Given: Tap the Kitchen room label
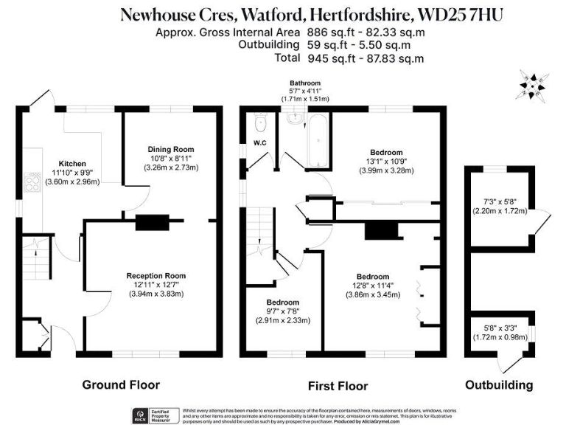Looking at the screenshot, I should [72, 164].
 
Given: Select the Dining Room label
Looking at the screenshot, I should [170, 148].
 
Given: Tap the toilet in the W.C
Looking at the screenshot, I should [259, 120].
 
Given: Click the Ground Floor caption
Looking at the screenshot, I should [121, 384].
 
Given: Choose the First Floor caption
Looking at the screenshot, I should [338, 386].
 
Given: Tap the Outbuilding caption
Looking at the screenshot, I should [499, 384].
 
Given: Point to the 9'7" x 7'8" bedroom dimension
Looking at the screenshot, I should [283, 311].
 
